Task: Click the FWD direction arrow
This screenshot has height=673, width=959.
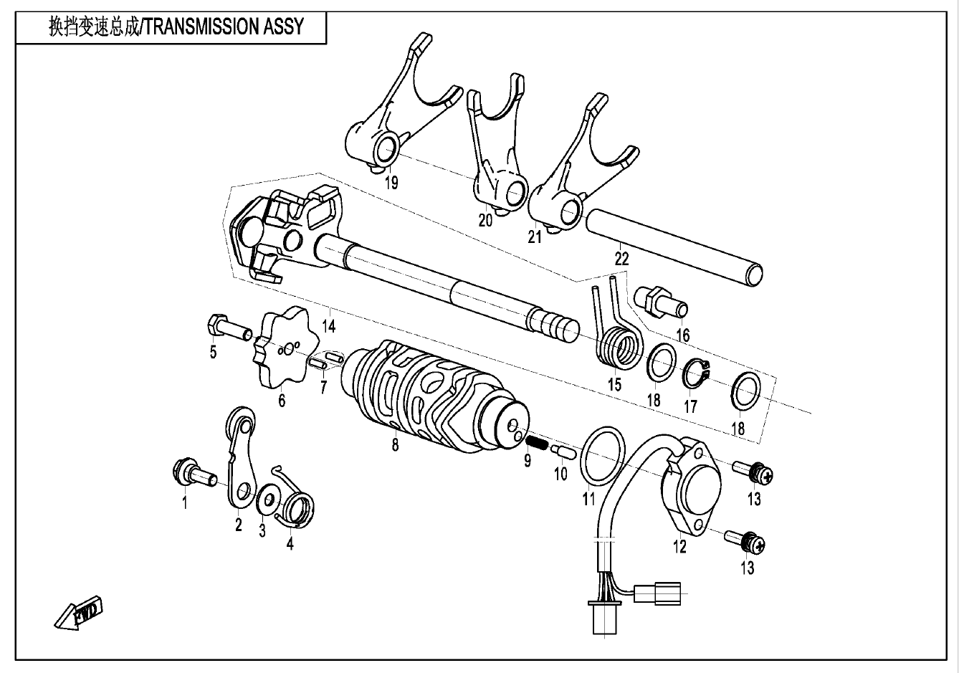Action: pos(79,612)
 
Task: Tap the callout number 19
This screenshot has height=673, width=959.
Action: pos(391,182)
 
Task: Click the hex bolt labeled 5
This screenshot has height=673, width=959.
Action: pos(226,328)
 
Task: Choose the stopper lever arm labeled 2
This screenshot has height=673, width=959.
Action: pos(240,459)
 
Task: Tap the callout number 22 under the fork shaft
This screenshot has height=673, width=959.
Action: pos(621,259)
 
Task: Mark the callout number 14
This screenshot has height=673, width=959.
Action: pos(328,326)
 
